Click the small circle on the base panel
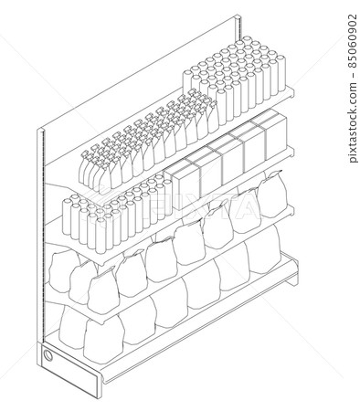click(x=48, y=355)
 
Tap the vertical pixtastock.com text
click(x=353, y=122)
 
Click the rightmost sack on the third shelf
click(x=272, y=194)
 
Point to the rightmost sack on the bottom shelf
click(x=263, y=248)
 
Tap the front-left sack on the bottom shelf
click(x=104, y=341)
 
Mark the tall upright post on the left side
click(x=41, y=235)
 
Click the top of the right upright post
click(x=238, y=16)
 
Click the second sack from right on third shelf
click(x=245, y=211)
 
